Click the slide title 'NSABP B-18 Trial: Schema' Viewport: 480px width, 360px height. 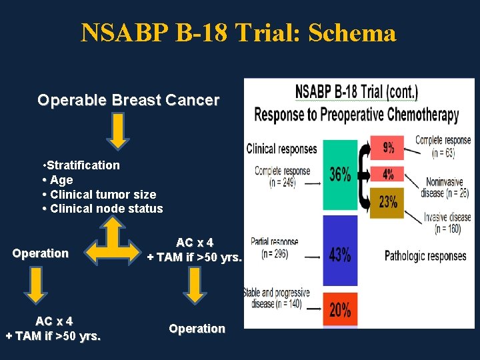(239, 32)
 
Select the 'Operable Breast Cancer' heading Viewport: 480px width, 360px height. (128, 101)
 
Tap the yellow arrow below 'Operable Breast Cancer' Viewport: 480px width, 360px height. (118, 131)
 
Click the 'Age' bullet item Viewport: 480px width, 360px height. (61, 180)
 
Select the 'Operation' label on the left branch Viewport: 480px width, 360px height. (40, 253)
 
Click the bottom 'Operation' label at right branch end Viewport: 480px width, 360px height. (197, 329)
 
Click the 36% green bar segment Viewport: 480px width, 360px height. (340, 175)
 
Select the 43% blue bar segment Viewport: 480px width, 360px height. (340, 254)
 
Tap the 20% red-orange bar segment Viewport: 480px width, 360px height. (340, 309)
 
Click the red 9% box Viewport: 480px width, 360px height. (387, 146)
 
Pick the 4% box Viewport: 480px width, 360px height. (387, 174)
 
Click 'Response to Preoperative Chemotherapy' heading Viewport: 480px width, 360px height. (357, 115)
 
